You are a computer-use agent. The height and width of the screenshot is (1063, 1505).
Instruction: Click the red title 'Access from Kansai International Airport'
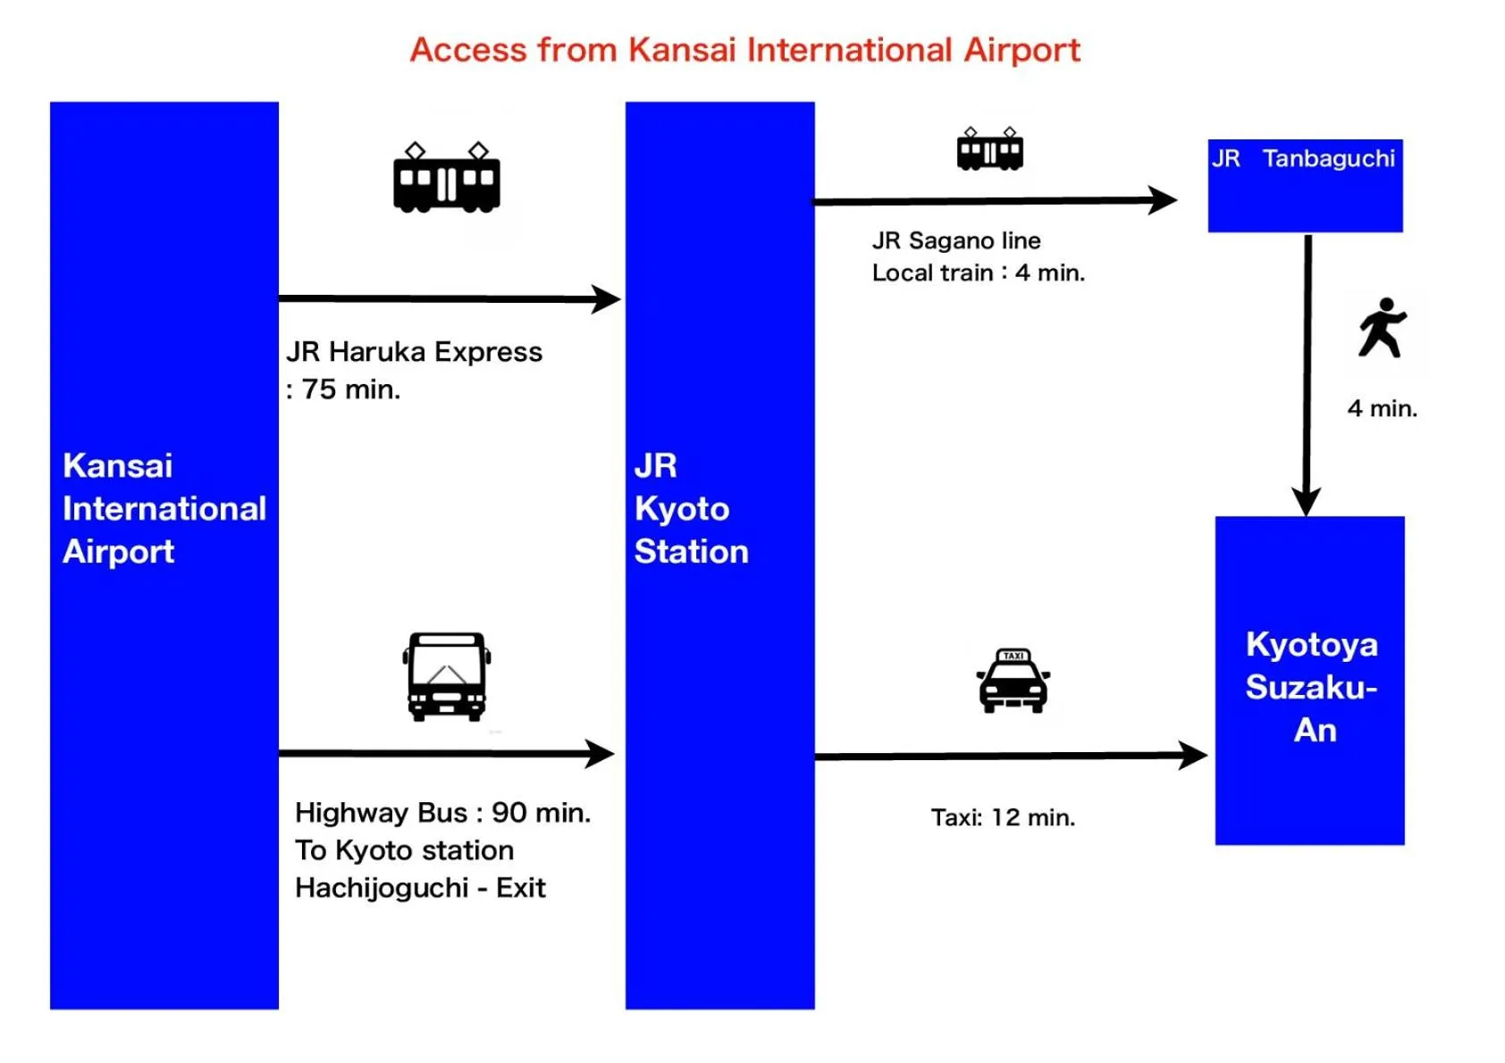(744, 50)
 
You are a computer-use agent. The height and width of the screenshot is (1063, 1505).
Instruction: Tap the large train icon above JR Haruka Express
(446, 179)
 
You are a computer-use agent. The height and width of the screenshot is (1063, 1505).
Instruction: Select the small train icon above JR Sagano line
(989, 149)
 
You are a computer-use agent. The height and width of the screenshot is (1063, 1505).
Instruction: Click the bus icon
(447, 676)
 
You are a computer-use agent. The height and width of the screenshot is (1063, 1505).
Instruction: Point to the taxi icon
(1013, 681)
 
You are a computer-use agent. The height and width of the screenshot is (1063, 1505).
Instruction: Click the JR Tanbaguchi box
(1305, 186)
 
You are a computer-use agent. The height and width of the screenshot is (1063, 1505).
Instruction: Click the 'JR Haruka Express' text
(414, 352)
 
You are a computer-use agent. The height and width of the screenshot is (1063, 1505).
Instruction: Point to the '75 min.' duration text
(350, 389)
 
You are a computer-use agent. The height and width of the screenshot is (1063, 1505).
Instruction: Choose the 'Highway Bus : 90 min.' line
(442, 813)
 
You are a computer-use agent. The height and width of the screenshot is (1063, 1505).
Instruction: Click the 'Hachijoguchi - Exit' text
(420, 888)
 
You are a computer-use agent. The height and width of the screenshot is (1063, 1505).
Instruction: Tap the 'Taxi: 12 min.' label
(1003, 817)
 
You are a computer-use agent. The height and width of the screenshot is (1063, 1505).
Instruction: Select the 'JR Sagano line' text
(956, 240)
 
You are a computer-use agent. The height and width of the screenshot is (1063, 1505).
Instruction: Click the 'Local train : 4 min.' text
(978, 272)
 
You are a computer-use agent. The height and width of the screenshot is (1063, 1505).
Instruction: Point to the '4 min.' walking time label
(1382, 408)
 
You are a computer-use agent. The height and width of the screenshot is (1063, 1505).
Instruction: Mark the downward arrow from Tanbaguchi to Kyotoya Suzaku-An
(1307, 375)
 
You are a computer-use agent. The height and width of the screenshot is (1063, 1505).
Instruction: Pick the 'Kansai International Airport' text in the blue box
(164, 508)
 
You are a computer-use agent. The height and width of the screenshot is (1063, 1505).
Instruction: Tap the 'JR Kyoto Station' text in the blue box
(691, 508)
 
